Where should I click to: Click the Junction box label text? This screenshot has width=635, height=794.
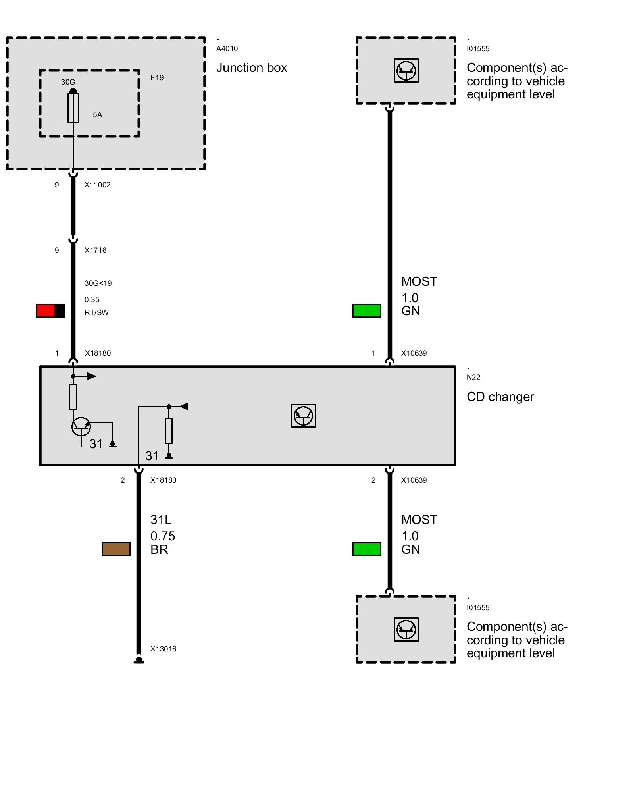point(251,68)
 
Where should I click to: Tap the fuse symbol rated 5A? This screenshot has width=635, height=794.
point(73,108)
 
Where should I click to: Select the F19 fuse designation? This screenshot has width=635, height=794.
point(157,77)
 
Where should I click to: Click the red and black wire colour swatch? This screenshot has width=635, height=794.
point(50,310)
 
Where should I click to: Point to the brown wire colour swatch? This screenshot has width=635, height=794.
point(116,549)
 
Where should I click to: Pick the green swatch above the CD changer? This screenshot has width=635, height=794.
point(367,310)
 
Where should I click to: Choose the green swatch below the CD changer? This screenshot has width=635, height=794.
point(367,549)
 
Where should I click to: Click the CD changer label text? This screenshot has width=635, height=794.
point(500,397)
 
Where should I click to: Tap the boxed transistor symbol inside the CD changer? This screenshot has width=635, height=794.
point(303,416)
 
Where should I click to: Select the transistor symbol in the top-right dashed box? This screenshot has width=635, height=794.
point(406,71)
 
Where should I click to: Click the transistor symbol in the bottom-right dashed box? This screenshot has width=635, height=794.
point(406,629)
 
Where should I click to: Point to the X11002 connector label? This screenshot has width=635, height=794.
point(97,185)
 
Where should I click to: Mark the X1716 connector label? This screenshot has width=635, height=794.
point(95,250)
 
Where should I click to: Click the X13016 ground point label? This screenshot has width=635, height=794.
point(163,649)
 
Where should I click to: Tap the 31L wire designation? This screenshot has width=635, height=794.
point(161,520)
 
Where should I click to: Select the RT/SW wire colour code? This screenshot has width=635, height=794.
point(96,312)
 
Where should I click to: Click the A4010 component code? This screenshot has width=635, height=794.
point(227,49)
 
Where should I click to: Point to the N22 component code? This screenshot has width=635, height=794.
point(473,377)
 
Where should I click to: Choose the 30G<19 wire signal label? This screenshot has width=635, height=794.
point(98,283)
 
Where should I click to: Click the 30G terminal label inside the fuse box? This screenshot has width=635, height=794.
point(68,82)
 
